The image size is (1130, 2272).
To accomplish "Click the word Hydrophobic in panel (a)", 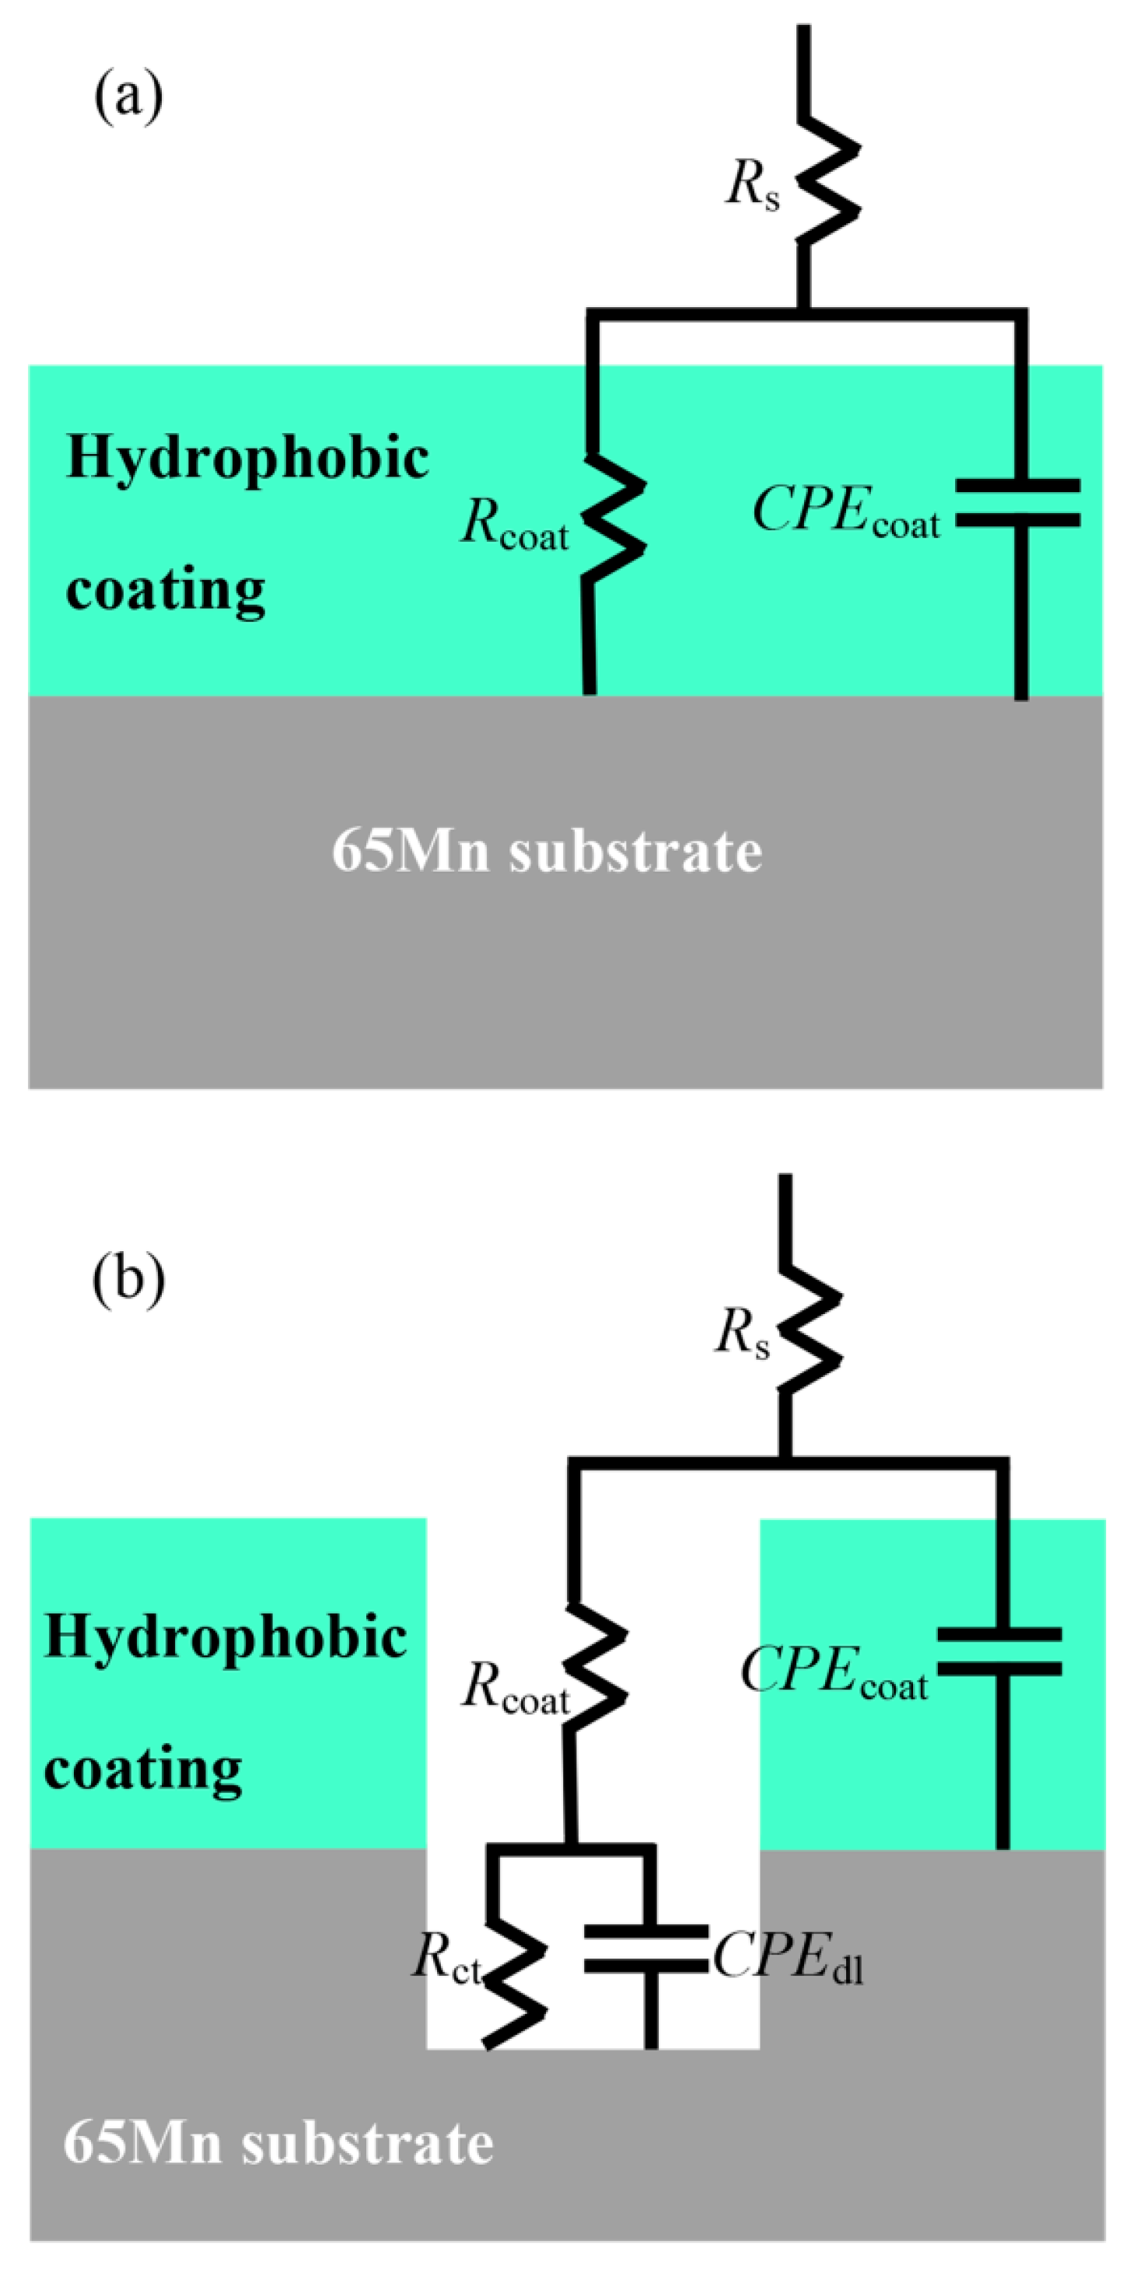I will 248,458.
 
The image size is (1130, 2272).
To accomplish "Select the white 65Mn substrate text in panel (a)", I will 547,851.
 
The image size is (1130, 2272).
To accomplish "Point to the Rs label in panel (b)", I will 742,1332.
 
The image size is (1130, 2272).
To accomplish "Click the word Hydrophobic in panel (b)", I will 226,1637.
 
